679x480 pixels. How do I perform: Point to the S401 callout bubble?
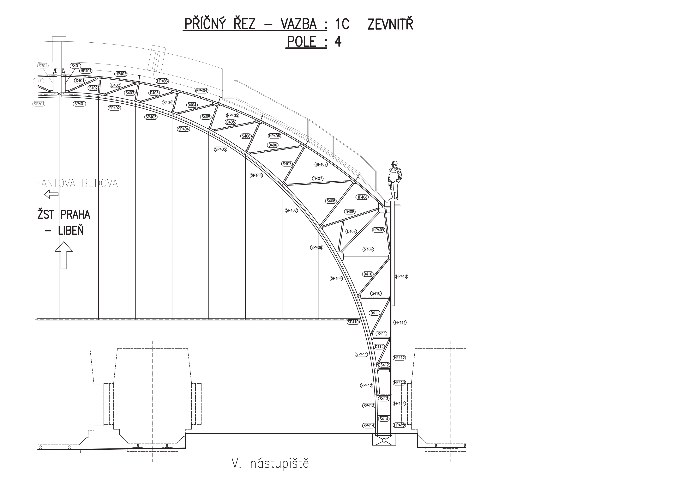click(76, 66)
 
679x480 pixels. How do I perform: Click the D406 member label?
click(273, 145)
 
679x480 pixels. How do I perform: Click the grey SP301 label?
click(39, 104)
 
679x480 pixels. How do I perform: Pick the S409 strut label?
click(368, 249)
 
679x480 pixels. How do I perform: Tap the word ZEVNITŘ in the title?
click(390, 24)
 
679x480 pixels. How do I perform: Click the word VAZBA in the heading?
click(299, 24)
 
